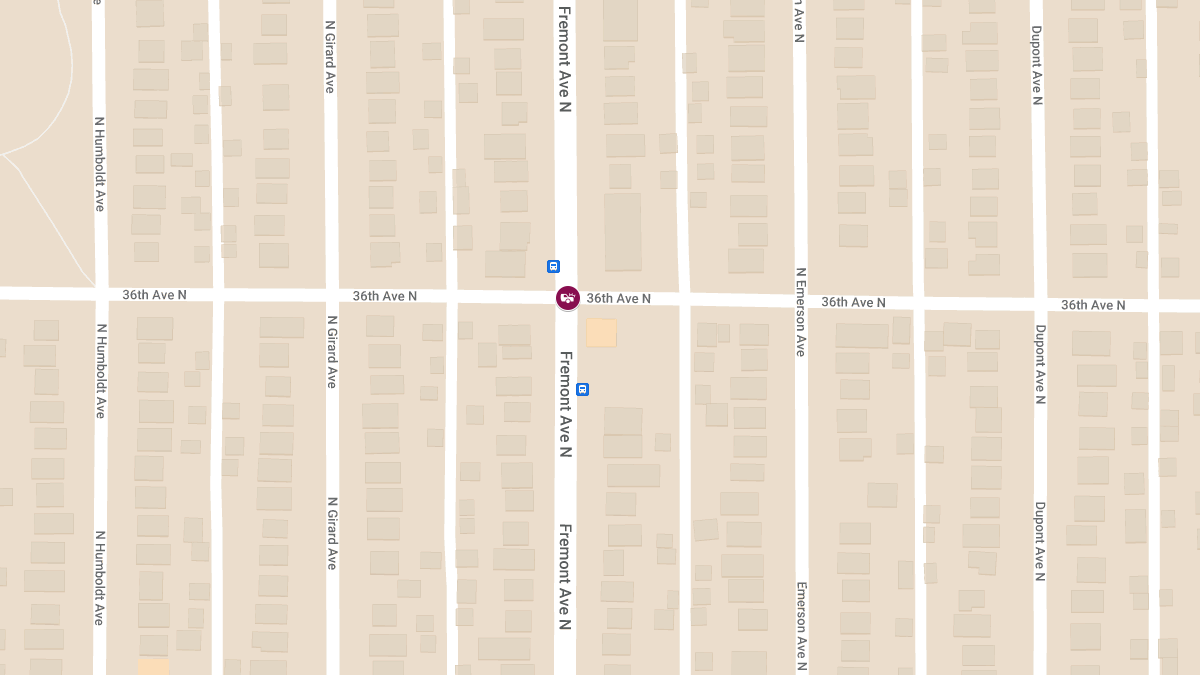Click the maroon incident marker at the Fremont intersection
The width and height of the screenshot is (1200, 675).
tap(567, 297)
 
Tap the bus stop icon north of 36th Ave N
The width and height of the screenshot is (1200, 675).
tap(553, 266)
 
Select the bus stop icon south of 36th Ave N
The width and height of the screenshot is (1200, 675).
tap(582, 389)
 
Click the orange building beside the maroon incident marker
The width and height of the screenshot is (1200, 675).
tap(601, 333)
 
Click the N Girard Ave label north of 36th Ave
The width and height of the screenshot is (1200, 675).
tap(329, 57)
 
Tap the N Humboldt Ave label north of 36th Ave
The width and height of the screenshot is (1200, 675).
tap(99, 164)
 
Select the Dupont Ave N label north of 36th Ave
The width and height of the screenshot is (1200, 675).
tap(1036, 65)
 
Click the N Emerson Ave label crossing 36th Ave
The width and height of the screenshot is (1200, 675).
tap(800, 312)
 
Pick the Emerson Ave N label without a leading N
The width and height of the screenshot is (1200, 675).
tap(801, 626)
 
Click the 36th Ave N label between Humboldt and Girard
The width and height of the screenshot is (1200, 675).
tap(154, 295)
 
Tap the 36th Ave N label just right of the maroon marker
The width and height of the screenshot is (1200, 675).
tap(618, 298)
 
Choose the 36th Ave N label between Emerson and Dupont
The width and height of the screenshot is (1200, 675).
tap(853, 302)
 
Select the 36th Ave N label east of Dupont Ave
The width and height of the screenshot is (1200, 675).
tap(1093, 305)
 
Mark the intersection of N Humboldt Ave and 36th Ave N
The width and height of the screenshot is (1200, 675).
tap(100, 294)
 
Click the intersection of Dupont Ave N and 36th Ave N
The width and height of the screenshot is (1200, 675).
tap(1039, 304)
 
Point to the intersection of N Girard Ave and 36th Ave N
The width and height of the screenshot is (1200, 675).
tap(331, 296)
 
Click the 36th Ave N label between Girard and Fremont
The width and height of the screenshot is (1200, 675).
tap(384, 296)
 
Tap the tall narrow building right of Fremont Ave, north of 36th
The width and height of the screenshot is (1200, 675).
tap(622, 231)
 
